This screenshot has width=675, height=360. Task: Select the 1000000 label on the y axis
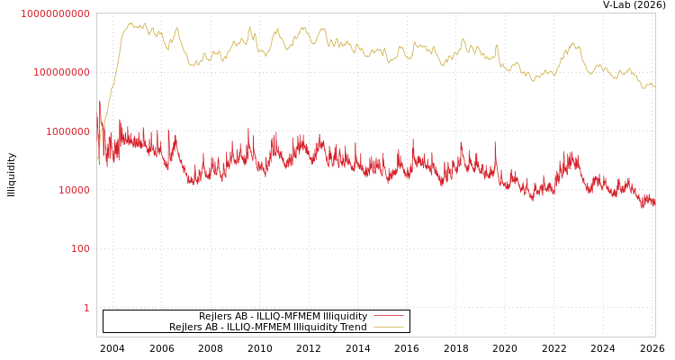click(x=68, y=131)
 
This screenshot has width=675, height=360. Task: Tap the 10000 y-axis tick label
click(x=75, y=190)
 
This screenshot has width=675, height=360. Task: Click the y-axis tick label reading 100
click(x=81, y=248)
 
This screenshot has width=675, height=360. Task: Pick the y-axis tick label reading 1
click(x=86, y=308)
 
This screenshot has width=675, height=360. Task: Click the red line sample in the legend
click(x=388, y=317)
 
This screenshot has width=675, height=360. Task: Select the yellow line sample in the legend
click(x=388, y=328)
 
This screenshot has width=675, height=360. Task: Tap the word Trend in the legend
click(x=353, y=328)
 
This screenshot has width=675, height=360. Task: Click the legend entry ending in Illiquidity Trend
click(x=268, y=328)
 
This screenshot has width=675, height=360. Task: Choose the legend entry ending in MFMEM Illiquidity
click(x=283, y=317)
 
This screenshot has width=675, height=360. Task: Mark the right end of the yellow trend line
click(x=654, y=86)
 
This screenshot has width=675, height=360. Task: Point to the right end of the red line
click(x=654, y=202)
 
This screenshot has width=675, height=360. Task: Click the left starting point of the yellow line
click(x=98, y=160)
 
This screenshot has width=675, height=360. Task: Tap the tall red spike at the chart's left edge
click(x=99, y=103)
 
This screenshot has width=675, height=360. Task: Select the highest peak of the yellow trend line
click(x=130, y=23)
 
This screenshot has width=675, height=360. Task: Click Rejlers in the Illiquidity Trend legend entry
click(x=186, y=328)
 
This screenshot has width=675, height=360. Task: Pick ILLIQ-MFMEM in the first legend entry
click(x=283, y=317)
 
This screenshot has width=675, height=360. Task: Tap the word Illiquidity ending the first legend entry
click(x=345, y=317)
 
